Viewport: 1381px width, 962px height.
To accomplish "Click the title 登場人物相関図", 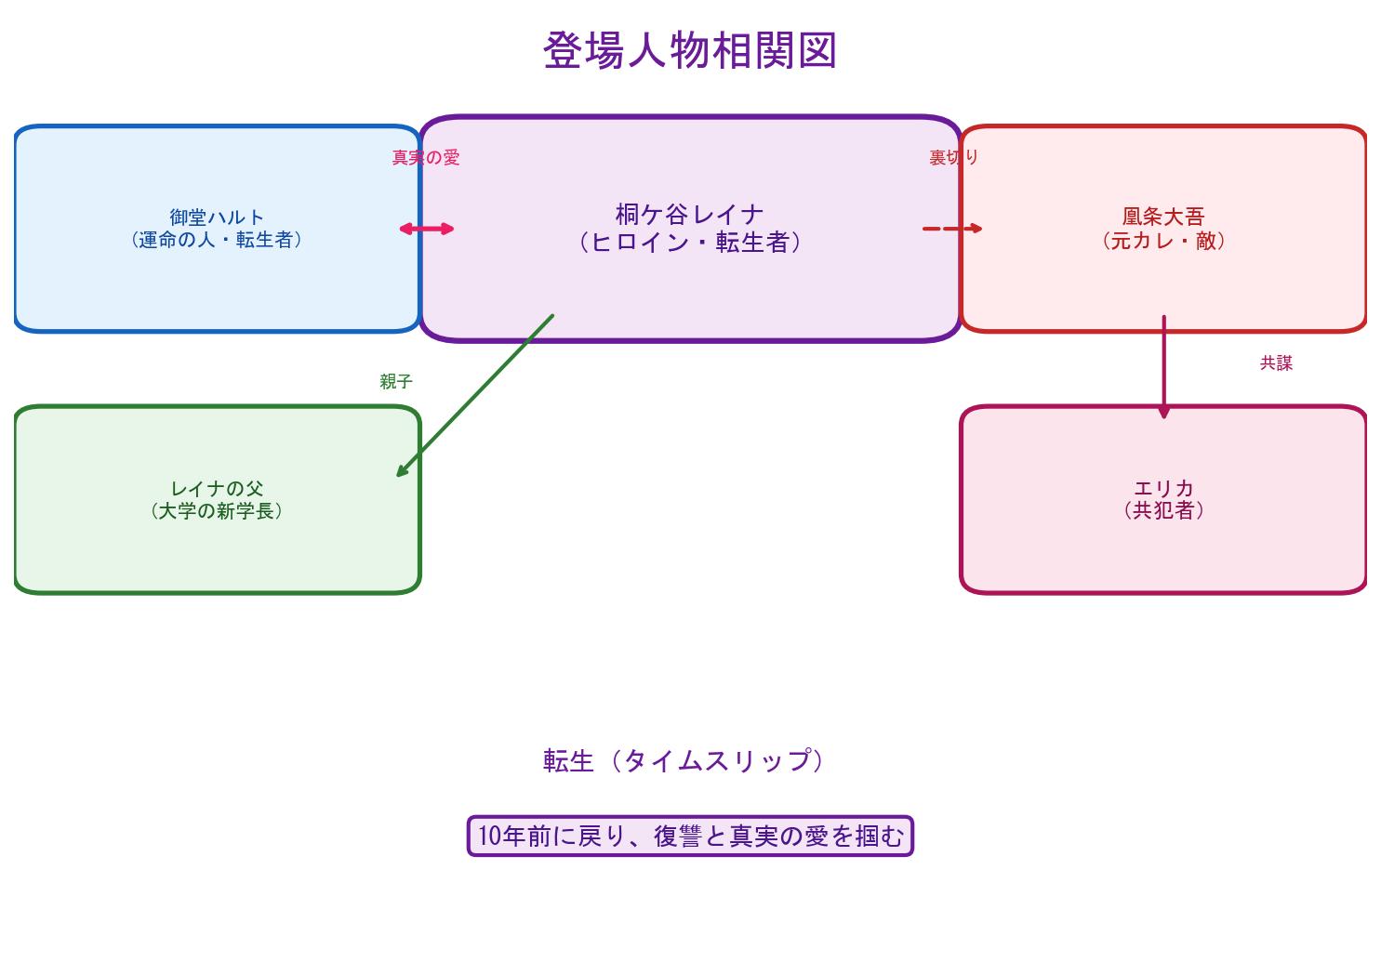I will tap(690, 51).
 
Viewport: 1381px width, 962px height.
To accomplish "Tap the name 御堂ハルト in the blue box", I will tap(217, 217).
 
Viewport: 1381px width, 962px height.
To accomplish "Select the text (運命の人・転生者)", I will tap(217, 240).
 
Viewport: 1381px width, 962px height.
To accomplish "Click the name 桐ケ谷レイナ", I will tap(689, 215).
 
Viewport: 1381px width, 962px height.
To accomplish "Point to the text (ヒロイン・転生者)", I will tap(689, 243).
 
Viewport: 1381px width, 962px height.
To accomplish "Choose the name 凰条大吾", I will tap(1162, 217).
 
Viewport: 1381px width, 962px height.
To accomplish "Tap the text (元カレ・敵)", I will tap(1162, 241).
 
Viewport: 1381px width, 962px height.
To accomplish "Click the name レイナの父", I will tap(217, 488).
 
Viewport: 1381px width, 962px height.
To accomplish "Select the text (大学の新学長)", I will tap(217, 510).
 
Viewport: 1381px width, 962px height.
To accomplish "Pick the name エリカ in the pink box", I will tap(1163, 488).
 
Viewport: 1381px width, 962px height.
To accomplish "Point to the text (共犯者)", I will tap(1163, 510).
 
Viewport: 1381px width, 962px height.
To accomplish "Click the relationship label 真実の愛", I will tap(425, 158).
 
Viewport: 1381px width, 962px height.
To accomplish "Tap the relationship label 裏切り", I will tap(953, 158).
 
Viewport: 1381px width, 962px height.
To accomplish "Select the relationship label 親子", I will tap(395, 381).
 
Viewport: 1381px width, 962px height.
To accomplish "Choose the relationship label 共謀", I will tap(1276, 363).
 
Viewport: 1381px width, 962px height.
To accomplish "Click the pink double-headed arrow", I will tap(426, 229).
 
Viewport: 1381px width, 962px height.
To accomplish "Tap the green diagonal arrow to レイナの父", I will tap(475, 395).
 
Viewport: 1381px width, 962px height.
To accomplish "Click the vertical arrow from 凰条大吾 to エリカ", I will tap(1163, 367).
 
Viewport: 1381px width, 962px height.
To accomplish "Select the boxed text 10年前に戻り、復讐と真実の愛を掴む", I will tap(690, 837).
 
